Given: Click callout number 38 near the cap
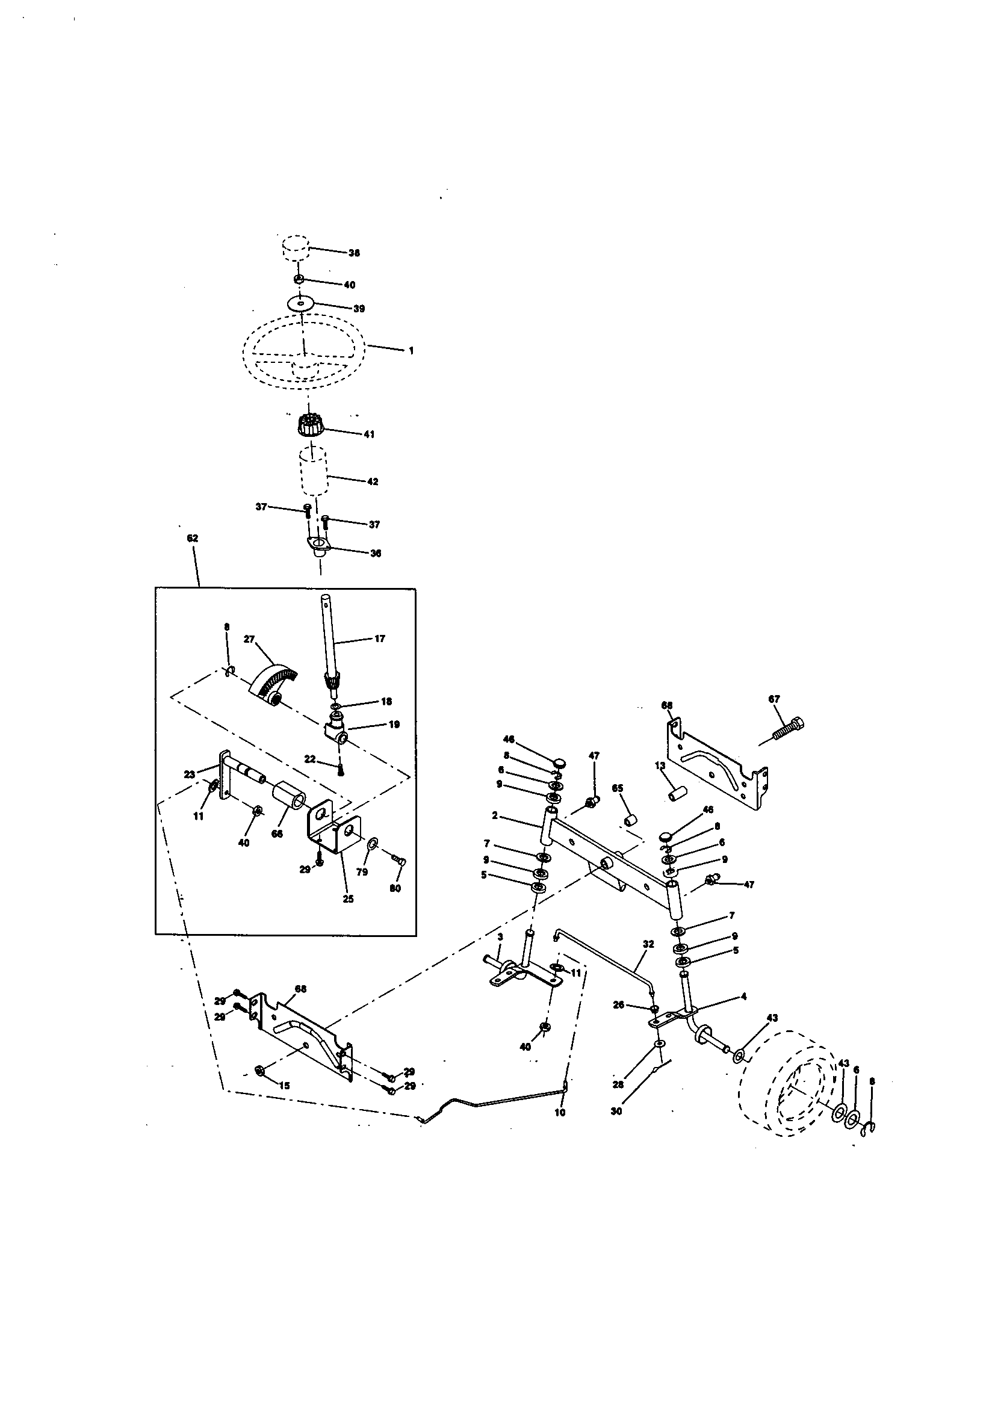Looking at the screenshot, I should pyautogui.click(x=354, y=253).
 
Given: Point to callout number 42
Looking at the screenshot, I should pyautogui.click(x=372, y=481).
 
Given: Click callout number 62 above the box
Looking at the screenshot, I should pyautogui.click(x=192, y=538).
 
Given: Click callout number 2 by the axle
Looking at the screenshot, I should pyautogui.click(x=494, y=816).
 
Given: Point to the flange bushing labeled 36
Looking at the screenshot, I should pyautogui.click(x=318, y=545).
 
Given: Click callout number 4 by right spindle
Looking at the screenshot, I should pyautogui.click(x=743, y=997).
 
